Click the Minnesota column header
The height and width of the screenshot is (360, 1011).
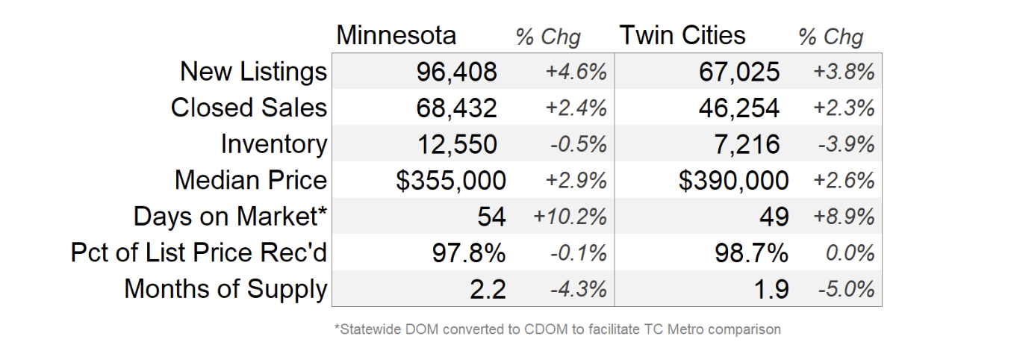click(396, 35)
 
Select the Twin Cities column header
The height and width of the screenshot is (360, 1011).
click(682, 35)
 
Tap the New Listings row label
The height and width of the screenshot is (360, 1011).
click(253, 72)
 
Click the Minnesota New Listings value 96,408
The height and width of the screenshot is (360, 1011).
click(456, 72)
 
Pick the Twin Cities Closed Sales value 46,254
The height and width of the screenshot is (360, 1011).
click(739, 108)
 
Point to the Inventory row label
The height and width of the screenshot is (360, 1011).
click(273, 144)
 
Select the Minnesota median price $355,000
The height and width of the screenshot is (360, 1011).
click(451, 180)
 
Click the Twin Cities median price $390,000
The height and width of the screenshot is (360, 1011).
click(733, 180)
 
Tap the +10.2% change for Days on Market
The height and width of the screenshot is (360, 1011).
click(570, 217)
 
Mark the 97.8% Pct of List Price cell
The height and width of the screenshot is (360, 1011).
click(469, 252)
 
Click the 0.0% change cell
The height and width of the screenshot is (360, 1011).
click(850, 252)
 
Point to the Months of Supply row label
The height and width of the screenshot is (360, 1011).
click(225, 289)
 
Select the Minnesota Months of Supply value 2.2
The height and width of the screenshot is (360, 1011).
click(488, 289)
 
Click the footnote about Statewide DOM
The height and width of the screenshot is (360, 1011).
click(557, 329)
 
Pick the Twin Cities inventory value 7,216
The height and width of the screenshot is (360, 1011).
click(747, 144)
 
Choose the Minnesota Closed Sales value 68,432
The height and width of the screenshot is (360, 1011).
click(456, 108)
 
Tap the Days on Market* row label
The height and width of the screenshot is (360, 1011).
click(230, 217)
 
